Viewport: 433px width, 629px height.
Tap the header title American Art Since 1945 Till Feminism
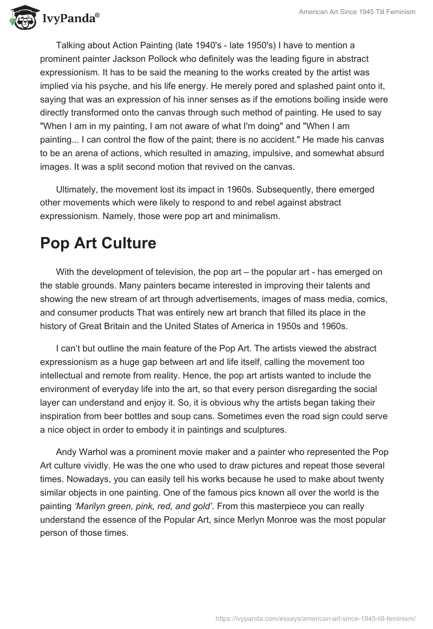[x=357, y=12]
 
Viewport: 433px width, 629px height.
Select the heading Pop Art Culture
[x=98, y=243]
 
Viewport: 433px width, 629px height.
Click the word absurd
[x=370, y=153]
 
